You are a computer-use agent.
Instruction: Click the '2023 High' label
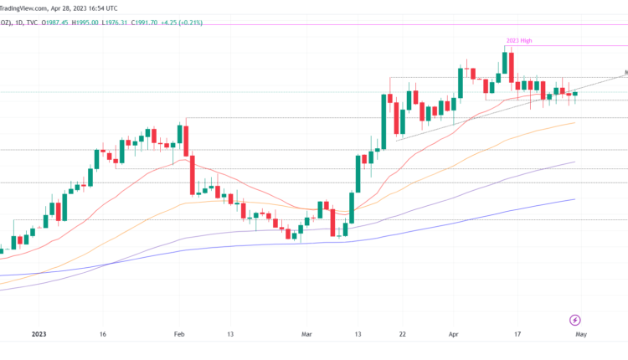click(x=520, y=39)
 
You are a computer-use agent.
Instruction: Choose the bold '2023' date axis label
click(x=39, y=333)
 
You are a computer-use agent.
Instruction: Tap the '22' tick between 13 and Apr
click(x=404, y=333)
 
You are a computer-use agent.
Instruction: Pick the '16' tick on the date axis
click(x=102, y=333)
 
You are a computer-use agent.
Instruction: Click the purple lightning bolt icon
click(x=575, y=320)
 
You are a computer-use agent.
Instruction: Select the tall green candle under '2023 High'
click(x=507, y=66)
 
